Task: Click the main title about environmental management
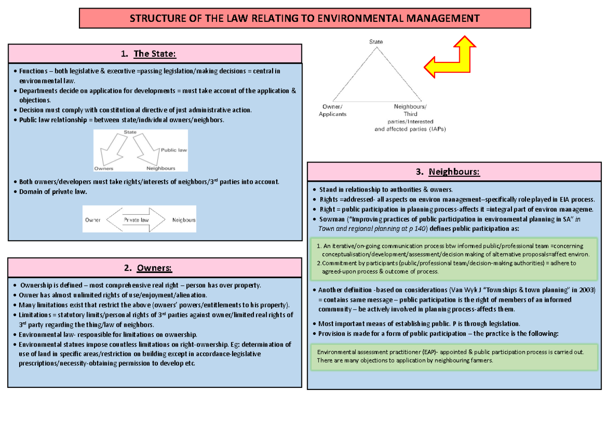pyautogui.click(x=305, y=19)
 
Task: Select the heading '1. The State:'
pyautogui.click(x=155, y=54)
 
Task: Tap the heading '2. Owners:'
pyautogui.click(x=155, y=267)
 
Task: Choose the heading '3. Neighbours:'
pyautogui.click(x=454, y=172)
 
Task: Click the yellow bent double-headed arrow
pyautogui.click(x=450, y=57)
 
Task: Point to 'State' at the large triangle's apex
pyautogui.click(x=376, y=42)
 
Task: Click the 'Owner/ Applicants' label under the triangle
pyautogui.click(x=332, y=110)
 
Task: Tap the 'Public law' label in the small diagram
pyautogui.click(x=175, y=150)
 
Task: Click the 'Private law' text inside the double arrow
pyautogui.click(x=136, y=220)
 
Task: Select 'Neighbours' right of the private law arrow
pyautogui.click(x=184, y=220)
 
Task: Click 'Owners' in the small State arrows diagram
pyautogui.click(x=104, y=168)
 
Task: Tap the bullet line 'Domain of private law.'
pyautogui.click(x=53, y=192)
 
